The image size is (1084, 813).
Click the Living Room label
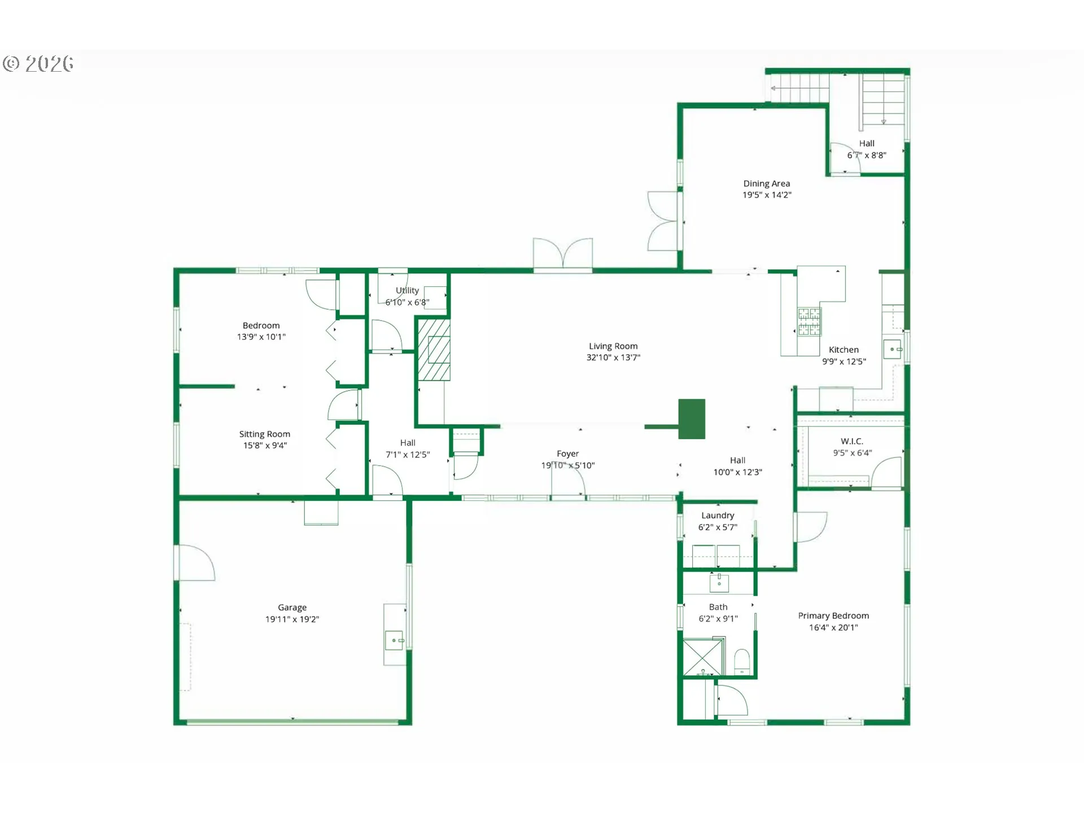click(613, 346)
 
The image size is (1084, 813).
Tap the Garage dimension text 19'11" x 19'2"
click(292, 619)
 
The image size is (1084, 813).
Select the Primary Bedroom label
click(833, 615)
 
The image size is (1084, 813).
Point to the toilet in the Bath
click(742, 661)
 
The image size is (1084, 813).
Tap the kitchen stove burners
click(809, 322)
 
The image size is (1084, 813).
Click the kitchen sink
click(892, 349)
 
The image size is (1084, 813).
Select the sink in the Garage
click(394, 640)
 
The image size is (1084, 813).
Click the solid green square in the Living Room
click(692, 419)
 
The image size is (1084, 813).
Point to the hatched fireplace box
click(434, 350)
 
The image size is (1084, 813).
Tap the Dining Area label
click(766, 183)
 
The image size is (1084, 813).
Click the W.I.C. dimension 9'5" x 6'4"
click(853, 453)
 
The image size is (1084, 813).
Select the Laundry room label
click(718, 515)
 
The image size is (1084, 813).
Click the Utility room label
click(407, 290)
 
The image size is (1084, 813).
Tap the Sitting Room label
click(264, 434)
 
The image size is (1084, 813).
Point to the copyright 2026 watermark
click(38, 63)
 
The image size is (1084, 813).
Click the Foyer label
click(567, 454)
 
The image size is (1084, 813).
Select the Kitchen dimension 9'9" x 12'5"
click(843, 361)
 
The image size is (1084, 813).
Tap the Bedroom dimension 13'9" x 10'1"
click(261, 337)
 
